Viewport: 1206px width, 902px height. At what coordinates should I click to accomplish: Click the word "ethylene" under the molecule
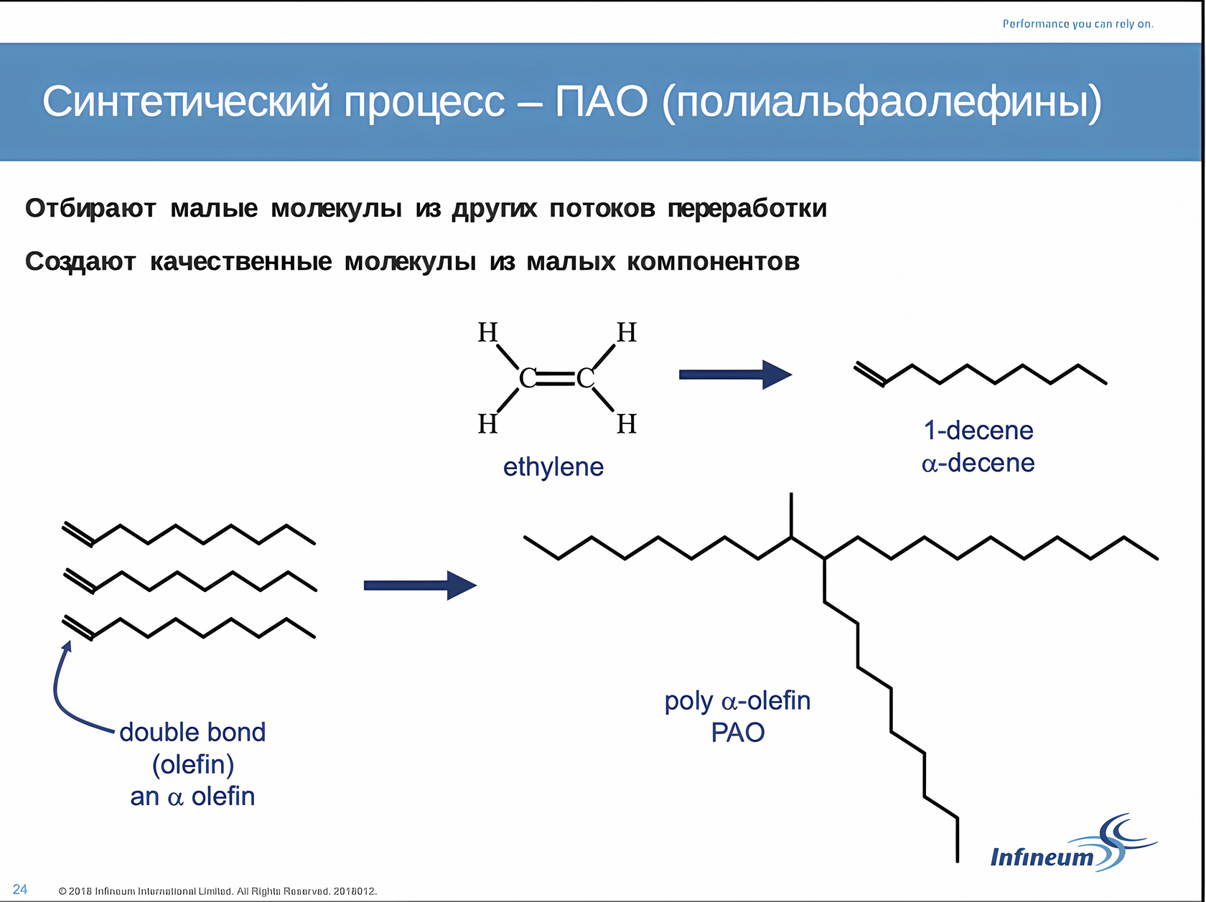pyautogui.click(x=553, y=466)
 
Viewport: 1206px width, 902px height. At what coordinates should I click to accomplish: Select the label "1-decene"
pyautogui.click(x=978, y=430)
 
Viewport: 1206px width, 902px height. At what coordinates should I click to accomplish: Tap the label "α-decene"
pyautogui.click(x=978, y=463)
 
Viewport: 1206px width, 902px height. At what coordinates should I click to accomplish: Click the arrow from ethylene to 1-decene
pyautogui.click(x=735, y=374)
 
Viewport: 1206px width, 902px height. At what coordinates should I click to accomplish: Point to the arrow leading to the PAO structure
pyautogui.click(x=420, y=585)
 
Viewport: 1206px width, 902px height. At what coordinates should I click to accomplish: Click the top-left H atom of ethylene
pyautogui.click(x=487, y=332)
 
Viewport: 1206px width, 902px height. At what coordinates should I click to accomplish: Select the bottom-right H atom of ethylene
pyautogui.click(x=627, y=424)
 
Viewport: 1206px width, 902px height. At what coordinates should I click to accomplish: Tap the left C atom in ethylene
pyautogui.click(x=528, y=377)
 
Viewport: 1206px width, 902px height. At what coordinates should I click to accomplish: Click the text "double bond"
pyautogui.click(x=192, y=732)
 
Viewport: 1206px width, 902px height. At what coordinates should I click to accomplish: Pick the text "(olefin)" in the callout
pyautogui.click(x=192, y=764)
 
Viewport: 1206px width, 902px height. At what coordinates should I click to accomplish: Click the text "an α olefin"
pyautogui.click(x=192, y=797)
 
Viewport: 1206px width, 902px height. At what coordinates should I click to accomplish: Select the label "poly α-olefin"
pyautogui.click(x=737, y=700)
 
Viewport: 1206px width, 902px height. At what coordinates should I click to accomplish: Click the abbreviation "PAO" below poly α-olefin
pyautogui.click(x=737, y=733)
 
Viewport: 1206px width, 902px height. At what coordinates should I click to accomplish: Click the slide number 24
pyautogui.click(x=20, y=889)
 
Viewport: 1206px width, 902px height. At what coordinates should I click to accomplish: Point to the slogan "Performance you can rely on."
pyautogui.click(x=1078, y=24)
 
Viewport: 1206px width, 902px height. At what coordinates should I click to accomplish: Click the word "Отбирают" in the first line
pyautogui.click(x=90, y=208)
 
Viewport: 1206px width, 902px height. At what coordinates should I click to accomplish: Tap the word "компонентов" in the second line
pyautogui.click(x=713, y=262)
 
